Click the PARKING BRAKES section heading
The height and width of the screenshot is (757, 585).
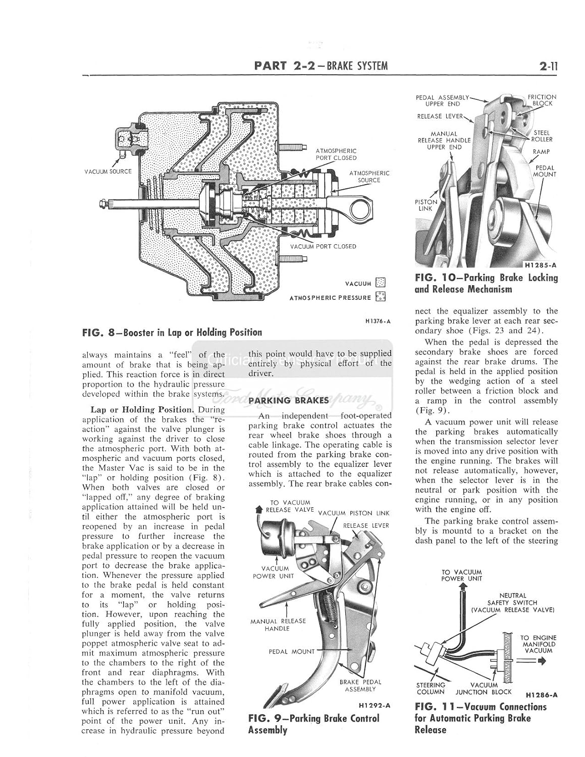tap(288, 400)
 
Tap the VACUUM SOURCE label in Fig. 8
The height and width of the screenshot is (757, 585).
tap(108, 171)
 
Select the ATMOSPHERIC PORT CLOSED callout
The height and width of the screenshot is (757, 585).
tap(336, 154)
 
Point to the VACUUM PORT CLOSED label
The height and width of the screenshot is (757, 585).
tap(323, 246)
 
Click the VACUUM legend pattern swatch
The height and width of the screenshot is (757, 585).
tap(381, 283)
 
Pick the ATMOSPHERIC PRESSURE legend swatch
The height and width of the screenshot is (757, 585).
tap(381, 297)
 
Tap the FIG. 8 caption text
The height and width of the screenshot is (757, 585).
tap(172, 332)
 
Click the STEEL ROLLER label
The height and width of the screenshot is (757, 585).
tap(543, 136)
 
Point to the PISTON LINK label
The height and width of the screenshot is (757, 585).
tap(426, 205)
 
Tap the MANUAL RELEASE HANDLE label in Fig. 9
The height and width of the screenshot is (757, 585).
tap(278, 625)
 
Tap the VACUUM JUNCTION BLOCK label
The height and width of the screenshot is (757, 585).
tap(484, 688)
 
